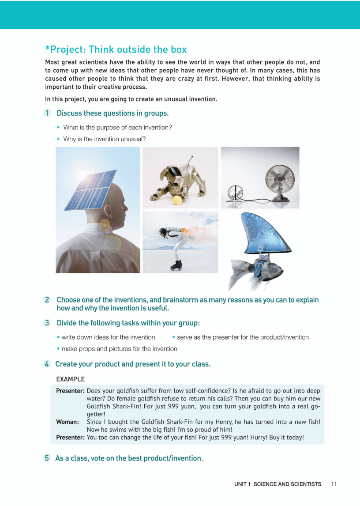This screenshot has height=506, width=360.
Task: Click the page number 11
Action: pyautogui.click(x=334, y=484)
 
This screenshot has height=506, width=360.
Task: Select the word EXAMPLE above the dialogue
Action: pyautogui.click(x=71, y=379)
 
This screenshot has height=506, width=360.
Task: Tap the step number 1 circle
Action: pyautogui.click(x=47, y=113)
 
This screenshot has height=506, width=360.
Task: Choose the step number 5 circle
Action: pyautogui.click(x=47, y=458)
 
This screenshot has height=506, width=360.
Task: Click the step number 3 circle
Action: pyautogui.click(x=47, y=323)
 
